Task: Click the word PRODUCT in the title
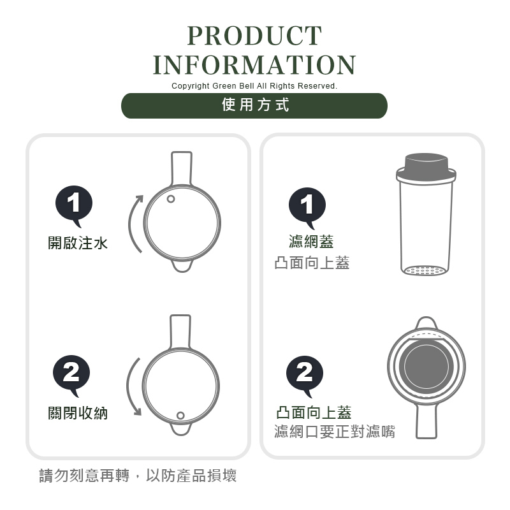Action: [x=254, y=36]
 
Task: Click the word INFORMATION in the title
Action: [x=254, y=65]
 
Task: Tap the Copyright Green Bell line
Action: [x=254, y=86]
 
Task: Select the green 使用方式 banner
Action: [x=254, y=106]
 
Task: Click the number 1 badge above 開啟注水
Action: [x=74, y=205]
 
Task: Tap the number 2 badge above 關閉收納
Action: [x=71, y=375]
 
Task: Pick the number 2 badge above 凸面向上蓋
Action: [x=305, y=375]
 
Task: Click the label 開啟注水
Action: [x=78, y=243]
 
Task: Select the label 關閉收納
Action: [x=78, y=413]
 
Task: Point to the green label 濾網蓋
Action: [x=311, y=242]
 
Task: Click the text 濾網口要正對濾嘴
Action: [x=335, y=432]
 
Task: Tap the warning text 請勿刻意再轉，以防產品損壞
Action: [x=138, y=476]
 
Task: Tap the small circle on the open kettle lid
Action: [x=171, y=199]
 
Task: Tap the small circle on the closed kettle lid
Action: [x=180, y=416]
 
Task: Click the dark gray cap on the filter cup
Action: [x=426, y=163]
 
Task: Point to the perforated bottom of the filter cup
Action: [x=425, y=270]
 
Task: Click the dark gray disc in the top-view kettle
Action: [x=426, y=366]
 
